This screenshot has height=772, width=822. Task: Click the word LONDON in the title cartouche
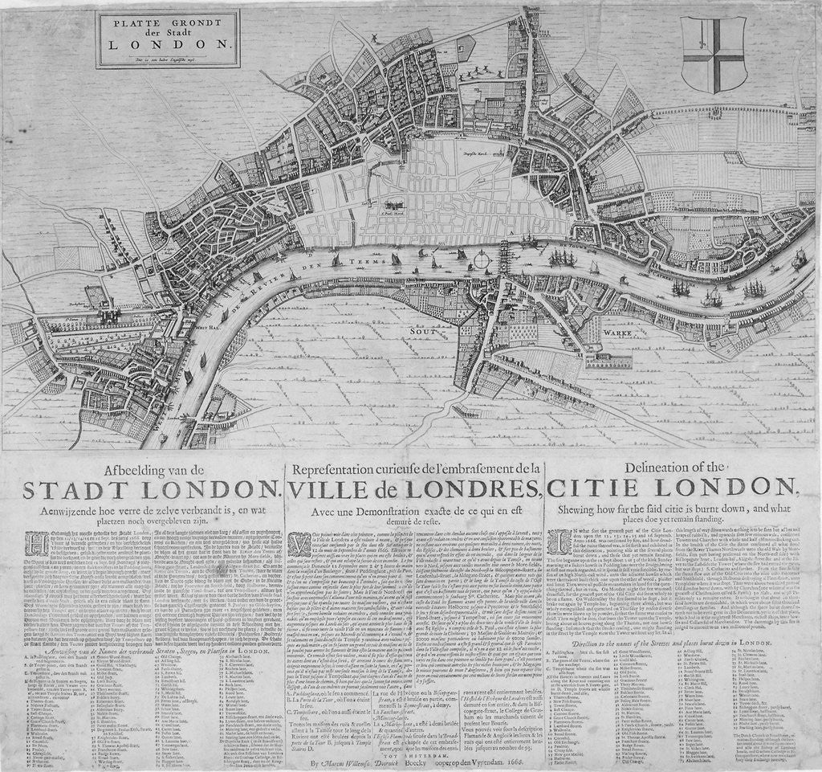(x=170, y=47)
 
